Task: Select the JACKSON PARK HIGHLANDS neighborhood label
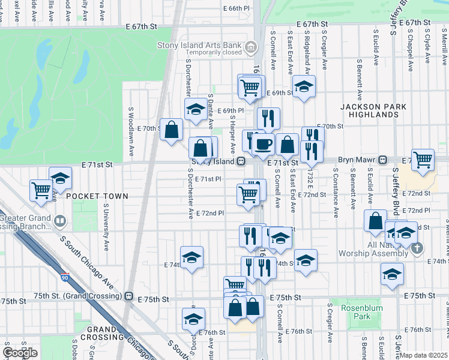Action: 373,110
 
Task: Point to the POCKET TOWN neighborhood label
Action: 97,196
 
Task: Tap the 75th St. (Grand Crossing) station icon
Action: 128,296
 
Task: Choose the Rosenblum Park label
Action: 358,312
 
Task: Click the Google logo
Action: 20,353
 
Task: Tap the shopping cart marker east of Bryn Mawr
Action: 423,160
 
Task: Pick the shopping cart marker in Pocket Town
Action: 41,190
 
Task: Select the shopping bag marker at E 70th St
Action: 172,129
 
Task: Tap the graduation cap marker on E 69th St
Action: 304,86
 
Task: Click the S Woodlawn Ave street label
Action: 131,129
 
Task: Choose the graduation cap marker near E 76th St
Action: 193,319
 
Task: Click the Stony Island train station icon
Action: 240,161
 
